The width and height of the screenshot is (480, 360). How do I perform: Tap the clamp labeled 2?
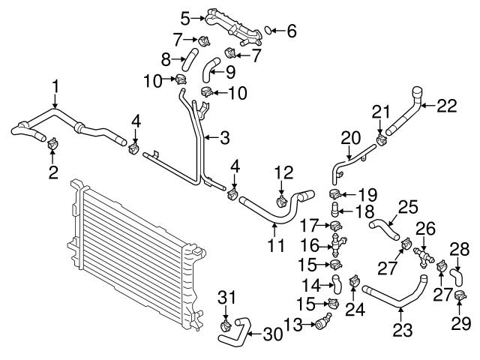coord(53,143)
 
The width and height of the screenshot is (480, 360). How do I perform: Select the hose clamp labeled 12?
coord(282,200)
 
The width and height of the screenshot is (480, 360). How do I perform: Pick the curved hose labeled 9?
coord(214,69)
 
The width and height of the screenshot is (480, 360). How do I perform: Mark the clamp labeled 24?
coord(352,283)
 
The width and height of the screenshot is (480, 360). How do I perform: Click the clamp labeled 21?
coord(381,139)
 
